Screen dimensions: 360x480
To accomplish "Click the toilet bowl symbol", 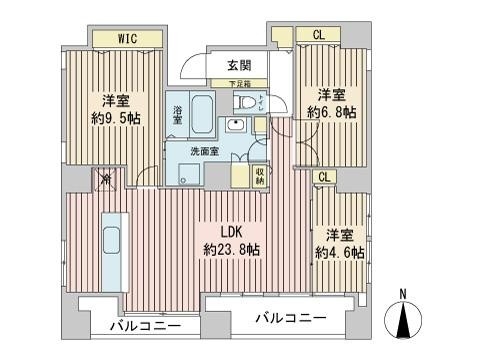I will [244, 104].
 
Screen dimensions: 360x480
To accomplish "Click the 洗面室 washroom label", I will [207, 153].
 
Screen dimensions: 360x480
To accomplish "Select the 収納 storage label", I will [258, 175].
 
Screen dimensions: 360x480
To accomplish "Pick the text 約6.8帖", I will [331, 113].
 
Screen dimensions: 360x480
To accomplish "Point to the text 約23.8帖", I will [231, 248].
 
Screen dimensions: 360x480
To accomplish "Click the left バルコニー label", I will [138, 326].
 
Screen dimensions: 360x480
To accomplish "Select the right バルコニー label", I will [289, 318].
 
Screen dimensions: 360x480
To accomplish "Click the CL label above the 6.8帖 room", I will [318, 36].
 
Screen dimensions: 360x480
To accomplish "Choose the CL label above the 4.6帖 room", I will [324, 176].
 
